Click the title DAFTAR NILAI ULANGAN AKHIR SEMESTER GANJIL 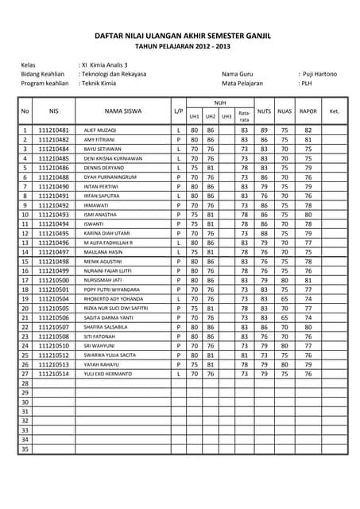click(180, 36)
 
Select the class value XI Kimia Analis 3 click(104, 64)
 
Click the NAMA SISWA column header click(122, 111)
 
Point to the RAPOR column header click(308, 111)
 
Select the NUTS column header click(265, 111)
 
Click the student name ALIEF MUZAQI click(100, 130)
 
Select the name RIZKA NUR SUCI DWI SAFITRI click(116, 308)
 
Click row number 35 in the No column click(25, 449)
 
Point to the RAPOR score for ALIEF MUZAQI click(308, 130)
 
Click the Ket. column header click(335, 111)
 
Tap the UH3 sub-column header click(226, 117)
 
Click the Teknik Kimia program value click(99, 83)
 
